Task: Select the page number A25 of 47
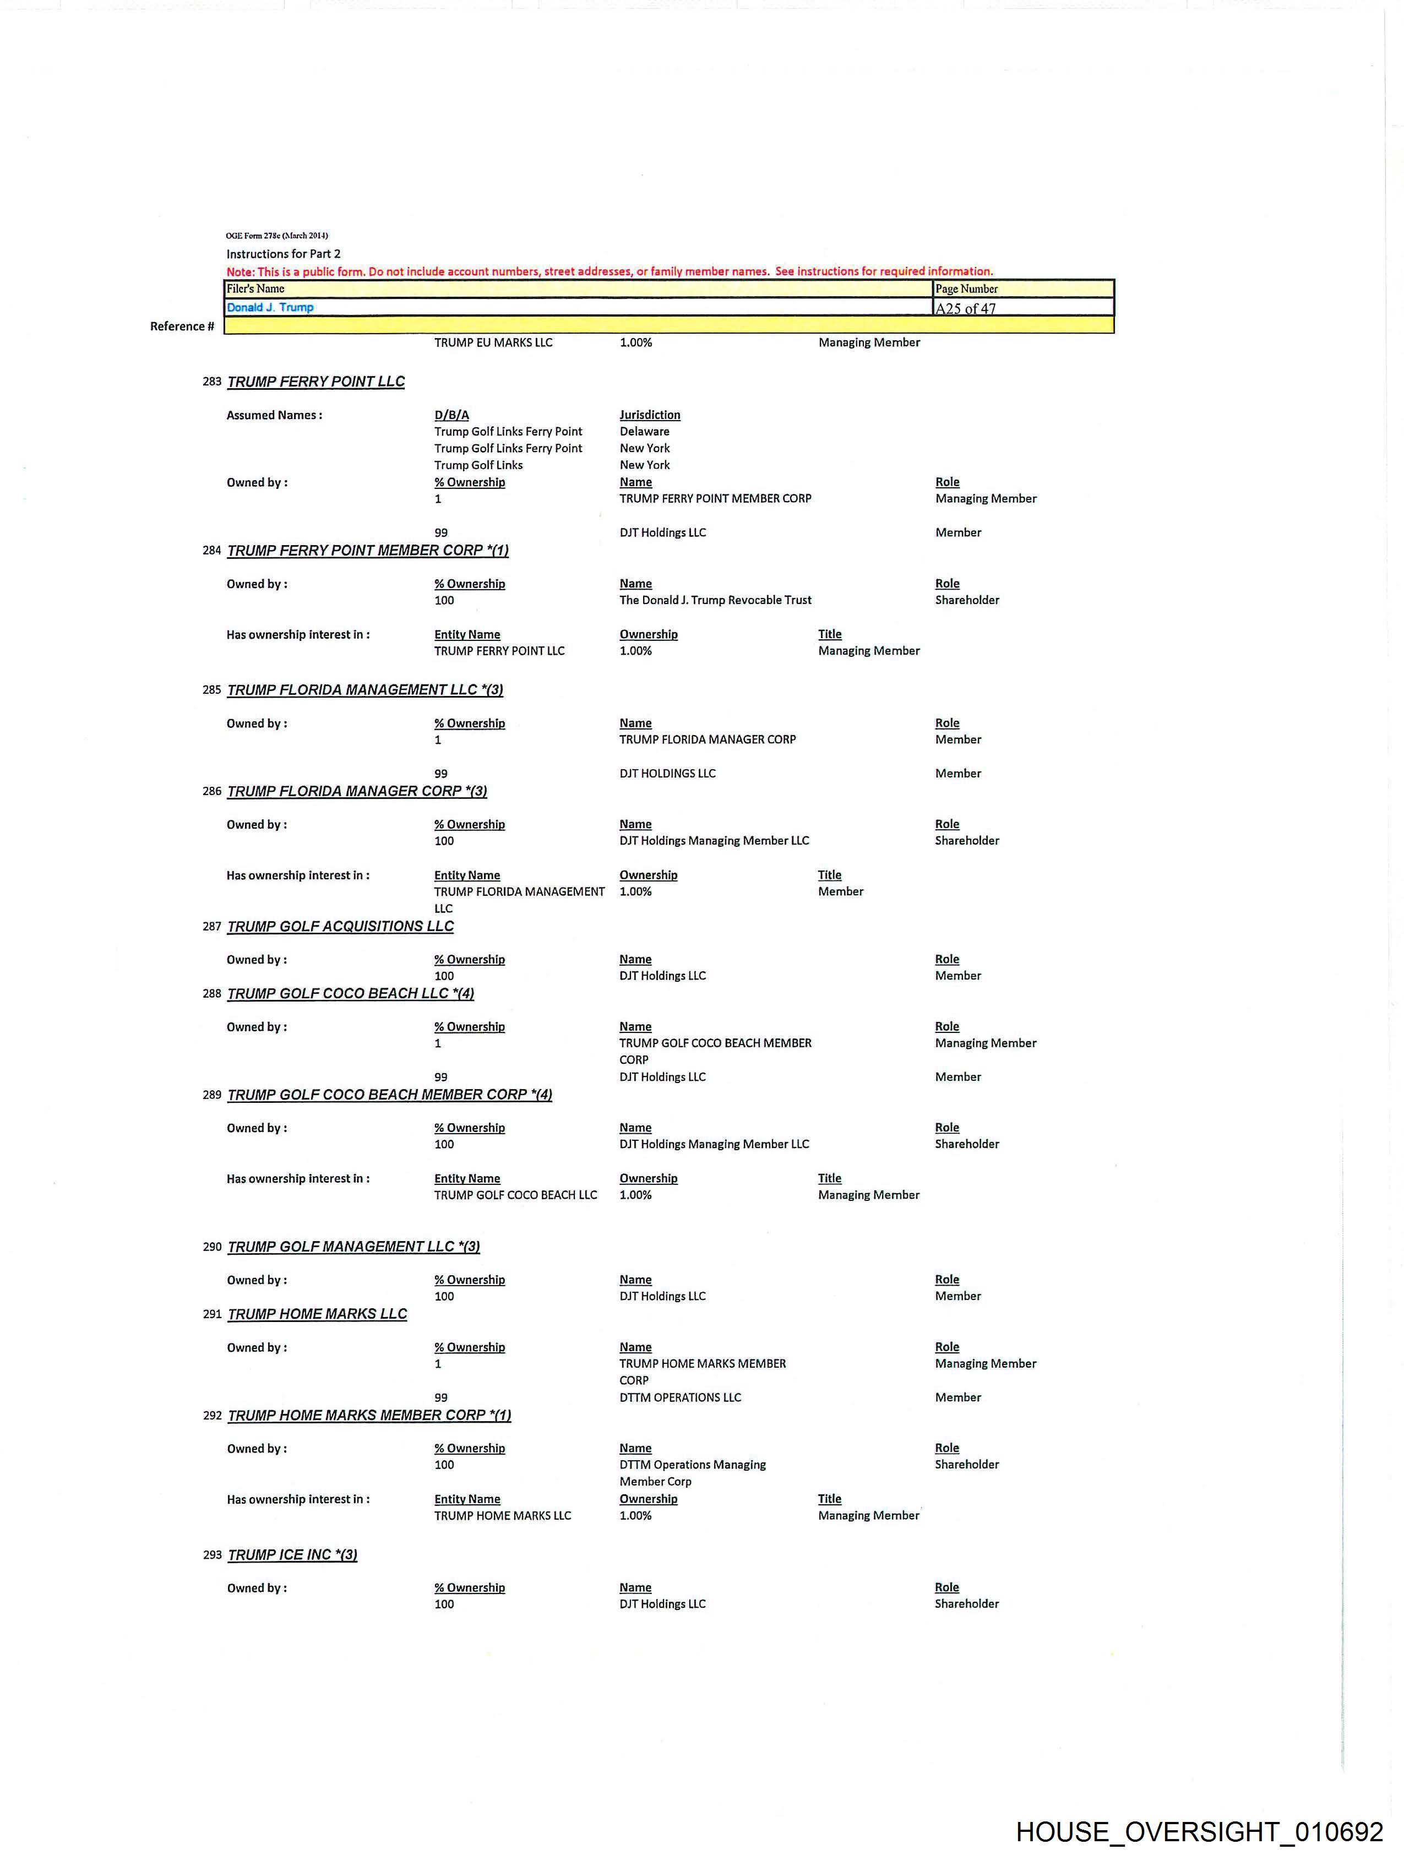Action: click(x=965, y=308)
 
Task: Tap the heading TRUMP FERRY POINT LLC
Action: click(x=316, y=382)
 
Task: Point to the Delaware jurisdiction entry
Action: click(x=644, y=432)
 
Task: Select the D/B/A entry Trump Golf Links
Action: click(x=478, y=465)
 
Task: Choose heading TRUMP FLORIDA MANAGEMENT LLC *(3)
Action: click(x=365, y=690)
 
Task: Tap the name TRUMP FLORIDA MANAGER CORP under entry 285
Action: click(x=707, y=739)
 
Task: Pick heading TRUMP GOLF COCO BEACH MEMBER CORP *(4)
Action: click(x=390, y=1095)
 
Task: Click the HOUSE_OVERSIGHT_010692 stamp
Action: click(x=1199, y=1831)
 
